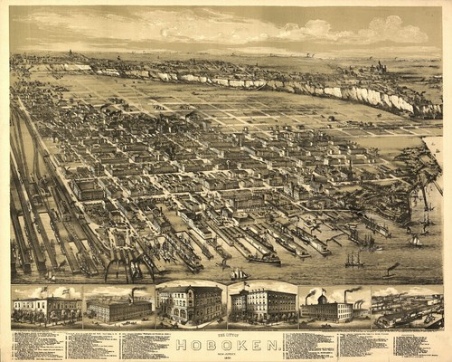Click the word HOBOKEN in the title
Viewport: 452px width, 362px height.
coord(224,344)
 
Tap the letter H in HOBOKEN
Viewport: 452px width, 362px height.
coord(180,344)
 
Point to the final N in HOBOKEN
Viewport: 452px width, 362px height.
coord(268,344)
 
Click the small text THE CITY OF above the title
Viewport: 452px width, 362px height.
coord(224,336)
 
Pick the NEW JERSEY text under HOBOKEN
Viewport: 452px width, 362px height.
coord(224,352)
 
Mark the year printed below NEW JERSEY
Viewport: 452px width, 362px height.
coord(224,357)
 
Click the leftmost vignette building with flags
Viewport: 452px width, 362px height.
coord(45,308)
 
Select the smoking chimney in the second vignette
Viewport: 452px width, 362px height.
coord(133,295)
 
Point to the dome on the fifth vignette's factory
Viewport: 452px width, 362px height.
coord(323,299)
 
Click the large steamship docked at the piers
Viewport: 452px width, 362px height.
coord(263,258)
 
